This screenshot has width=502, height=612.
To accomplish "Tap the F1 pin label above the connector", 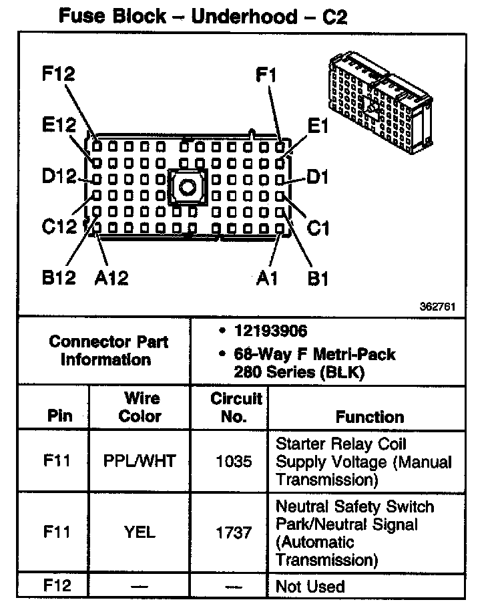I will pos(266,75).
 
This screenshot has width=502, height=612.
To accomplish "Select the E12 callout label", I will pos(57,126).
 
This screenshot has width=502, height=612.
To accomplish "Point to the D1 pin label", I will pos(318,177).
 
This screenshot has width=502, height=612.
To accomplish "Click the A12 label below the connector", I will pos(111,277).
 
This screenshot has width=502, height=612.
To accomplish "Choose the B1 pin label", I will pos(318,277).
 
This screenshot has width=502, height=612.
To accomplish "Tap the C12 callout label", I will pos(59,227).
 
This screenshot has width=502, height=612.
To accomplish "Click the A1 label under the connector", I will pos(267,277).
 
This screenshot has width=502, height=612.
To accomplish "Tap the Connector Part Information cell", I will pos(109,351).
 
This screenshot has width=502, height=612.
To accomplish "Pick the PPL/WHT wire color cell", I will pos(140,462).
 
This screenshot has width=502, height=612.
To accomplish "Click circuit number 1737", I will pos(235,532).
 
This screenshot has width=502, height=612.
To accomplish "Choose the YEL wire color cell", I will pos(140,532).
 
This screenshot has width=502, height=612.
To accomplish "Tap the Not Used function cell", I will pos(310,587).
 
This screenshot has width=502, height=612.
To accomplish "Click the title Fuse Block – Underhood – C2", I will pos(203,16).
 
